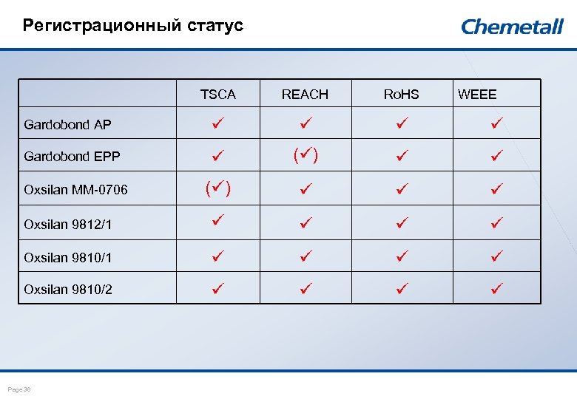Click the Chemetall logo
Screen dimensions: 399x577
(512, 27)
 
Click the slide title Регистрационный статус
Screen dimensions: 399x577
(133, 26)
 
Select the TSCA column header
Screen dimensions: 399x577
(218, 95)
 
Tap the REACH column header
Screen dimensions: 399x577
(305, 95)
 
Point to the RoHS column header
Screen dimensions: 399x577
(401, 95)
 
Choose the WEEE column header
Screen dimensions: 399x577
(477, 95)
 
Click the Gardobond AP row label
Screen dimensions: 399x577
(67, 124)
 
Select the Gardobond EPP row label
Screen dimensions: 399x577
(72, 157)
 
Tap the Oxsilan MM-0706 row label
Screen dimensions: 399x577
(75, 190)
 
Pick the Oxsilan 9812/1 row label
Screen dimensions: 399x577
(67, 224)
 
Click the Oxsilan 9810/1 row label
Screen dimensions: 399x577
(67, 257)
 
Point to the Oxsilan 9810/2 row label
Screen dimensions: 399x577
(67, 290)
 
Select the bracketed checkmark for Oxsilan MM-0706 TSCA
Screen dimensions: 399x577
(217, 188)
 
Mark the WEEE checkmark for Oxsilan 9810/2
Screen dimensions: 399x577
(497, 288)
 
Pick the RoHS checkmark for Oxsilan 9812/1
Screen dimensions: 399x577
(402, 222)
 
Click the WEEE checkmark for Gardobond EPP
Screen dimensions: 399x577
(497, 156)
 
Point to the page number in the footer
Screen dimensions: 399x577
(19, 389)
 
